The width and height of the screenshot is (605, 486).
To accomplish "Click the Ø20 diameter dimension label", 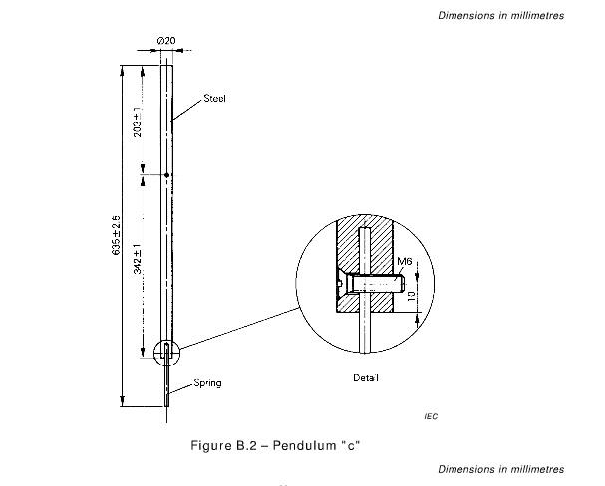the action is [x=166, y=41].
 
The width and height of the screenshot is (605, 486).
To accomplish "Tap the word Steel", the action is [x=214, y=99].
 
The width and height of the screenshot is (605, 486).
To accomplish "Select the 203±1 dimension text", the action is [x=137, y=121].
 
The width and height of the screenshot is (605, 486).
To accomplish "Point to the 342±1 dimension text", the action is [x=137, y=259].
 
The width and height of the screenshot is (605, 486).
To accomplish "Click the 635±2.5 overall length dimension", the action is [x=116, y=235].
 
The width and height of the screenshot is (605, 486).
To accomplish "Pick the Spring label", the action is [x=207, y=383].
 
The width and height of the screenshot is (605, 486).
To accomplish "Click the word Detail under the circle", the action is [x=365, y=378].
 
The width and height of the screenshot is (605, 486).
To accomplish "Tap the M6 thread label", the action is [x=405, y=261].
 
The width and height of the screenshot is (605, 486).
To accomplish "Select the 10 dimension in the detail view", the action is [x=412, y=296].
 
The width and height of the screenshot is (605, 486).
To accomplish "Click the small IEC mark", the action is [x=431, y=416].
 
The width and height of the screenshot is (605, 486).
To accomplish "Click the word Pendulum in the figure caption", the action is [x=304, y=445].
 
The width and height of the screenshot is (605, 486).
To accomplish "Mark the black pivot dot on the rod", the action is [x=167, y=175].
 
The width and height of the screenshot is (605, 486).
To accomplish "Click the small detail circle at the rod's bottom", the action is [x=153, y=353].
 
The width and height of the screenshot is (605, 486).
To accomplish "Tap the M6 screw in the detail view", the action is [x=375, y=284].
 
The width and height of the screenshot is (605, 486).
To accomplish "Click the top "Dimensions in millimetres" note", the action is [x=500, y=15].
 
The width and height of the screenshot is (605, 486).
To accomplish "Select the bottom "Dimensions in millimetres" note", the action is [x=500, y=469].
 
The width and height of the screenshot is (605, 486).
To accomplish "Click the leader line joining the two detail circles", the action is [x=239, y=328].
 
